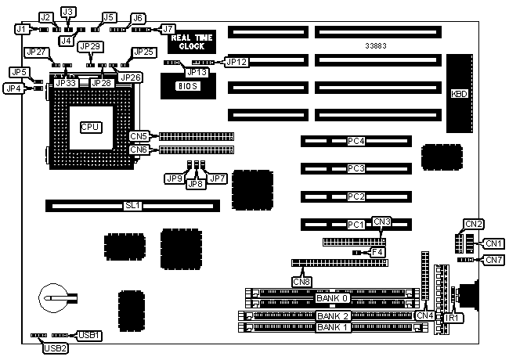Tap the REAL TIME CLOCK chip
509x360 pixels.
click(187, 41)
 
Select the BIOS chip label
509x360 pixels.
click(179, 85)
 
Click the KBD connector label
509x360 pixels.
click(460, 94)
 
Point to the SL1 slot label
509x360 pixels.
click(132, 207)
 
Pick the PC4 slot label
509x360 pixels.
click(356, 142)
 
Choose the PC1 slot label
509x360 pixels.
click(356, 225)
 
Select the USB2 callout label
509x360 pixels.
click(55, 348)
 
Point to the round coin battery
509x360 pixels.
click(53, 298)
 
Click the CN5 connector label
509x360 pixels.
click(139, 136)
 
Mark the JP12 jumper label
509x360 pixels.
click(236, 60)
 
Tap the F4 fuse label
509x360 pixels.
click(378, 252)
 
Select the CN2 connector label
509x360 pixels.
click(474, 224)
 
